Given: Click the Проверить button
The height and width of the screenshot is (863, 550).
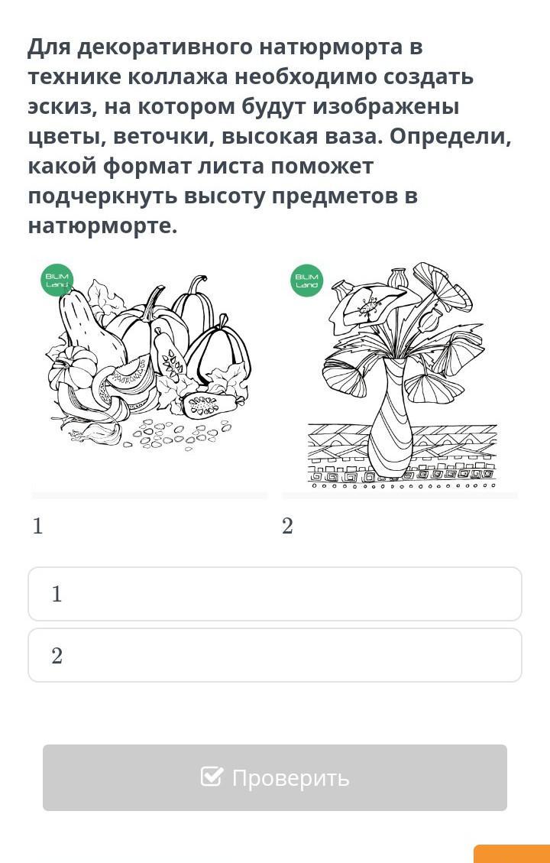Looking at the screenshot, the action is [x=275, y=777].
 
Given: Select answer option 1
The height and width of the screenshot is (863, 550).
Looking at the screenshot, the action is [x=275, y=594].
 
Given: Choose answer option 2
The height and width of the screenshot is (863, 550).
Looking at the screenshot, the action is [x=275, y=655].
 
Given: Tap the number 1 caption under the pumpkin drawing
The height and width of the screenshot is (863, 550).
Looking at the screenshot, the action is [x=37, y=527].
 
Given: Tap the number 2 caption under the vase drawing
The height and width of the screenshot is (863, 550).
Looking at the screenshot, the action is [x=287, y=527].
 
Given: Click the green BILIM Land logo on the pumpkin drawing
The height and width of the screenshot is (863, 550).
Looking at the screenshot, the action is [x=57, y=281].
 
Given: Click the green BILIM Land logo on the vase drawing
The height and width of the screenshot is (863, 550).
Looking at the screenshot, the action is [x=306, y=281].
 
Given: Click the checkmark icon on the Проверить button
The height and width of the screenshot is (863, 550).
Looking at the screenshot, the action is [x=212, y=777].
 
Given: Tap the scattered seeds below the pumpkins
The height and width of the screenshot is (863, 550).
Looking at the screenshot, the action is [x=176, y=433].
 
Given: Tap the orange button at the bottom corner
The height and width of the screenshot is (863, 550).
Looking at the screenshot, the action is [x=512, y=854].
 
